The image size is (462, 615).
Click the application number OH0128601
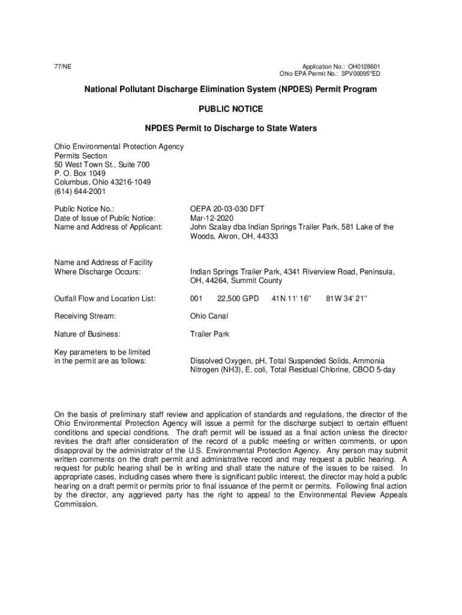pyautogui.click(x=364, y=67)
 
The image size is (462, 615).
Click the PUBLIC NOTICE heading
pyautogui.click(x=230, y=109)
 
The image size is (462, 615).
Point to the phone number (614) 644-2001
pyautogui.click(x=80, y=192)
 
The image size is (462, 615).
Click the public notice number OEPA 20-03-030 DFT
pyautogui.click(x=227, y=209)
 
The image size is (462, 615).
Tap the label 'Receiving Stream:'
pyautogui.click(x=85, y=316)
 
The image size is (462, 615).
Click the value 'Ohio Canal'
pyautogui.click(x=209, y=316)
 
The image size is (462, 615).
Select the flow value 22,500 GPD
pyautogui.click(x=238, y=298)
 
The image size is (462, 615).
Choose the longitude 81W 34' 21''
pyautogui.click(x=346, y=298)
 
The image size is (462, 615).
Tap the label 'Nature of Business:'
pyautogui.click(x=88, y=334)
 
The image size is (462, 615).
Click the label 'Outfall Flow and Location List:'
pyautogui.click(x=105, y=298)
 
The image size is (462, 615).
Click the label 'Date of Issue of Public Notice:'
pyautogui.click(x=105, y=218)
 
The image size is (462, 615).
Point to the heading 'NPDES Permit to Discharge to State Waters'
pyautogui.click(x=230, y=129)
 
